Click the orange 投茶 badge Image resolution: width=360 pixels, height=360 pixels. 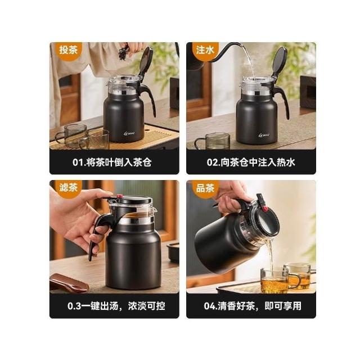(x=68, y=50)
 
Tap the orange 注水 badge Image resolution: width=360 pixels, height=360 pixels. (x=205, y=50)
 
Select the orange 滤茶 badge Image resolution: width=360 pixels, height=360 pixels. (x=68, y=188)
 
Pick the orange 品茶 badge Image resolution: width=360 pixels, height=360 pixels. (x=205, y=188)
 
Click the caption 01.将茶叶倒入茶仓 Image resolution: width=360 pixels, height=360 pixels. (x=112, y=163)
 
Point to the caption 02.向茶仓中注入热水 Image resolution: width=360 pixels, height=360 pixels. (x=251, y=163)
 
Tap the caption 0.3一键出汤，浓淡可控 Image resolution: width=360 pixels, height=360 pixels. (x=116, y=306)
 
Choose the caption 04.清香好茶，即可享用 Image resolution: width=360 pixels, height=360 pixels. (x=253, y=306)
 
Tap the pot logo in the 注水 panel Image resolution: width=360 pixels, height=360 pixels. (x=264, y=135)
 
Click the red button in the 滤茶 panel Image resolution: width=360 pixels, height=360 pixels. (x=119, y=196)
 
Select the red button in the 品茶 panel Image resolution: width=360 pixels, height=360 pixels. (x=265, y=209)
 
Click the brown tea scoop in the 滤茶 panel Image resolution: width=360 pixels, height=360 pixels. (x=69, y=282)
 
